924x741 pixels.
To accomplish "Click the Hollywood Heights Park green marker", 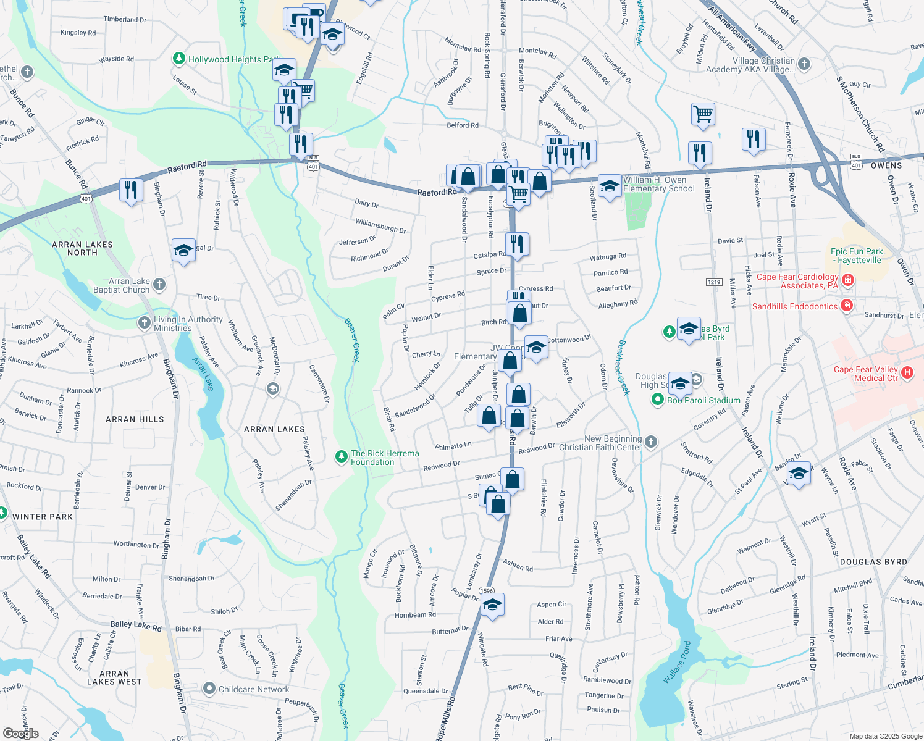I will [179, 59].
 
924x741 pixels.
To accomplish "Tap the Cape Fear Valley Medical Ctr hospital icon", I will [907, 372].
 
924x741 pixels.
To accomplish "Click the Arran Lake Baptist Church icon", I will [159, 284].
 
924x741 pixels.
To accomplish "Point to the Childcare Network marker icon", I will [209, 689].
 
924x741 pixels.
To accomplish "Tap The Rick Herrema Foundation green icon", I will [341, 456].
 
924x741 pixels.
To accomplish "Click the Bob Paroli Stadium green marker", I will [658, 400].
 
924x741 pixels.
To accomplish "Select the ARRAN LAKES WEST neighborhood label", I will [114, 677].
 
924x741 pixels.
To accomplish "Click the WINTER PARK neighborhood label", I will [43, 517].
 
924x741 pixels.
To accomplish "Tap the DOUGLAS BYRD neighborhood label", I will [873, 562].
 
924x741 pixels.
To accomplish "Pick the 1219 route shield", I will [713, 282].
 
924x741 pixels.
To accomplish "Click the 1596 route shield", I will [487, 591].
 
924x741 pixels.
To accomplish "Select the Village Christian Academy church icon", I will [804, 64].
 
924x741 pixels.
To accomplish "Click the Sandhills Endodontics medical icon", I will [847, 305].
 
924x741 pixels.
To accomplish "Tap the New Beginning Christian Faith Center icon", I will [651, 442].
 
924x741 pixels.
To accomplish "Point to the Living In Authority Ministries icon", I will [145, 322].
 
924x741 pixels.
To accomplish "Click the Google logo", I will [20, 733].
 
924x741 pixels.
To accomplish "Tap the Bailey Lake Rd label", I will [136, 626].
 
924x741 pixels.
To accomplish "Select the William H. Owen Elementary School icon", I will [610, 186].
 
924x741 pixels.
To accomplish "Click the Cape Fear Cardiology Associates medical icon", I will [848, 280].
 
